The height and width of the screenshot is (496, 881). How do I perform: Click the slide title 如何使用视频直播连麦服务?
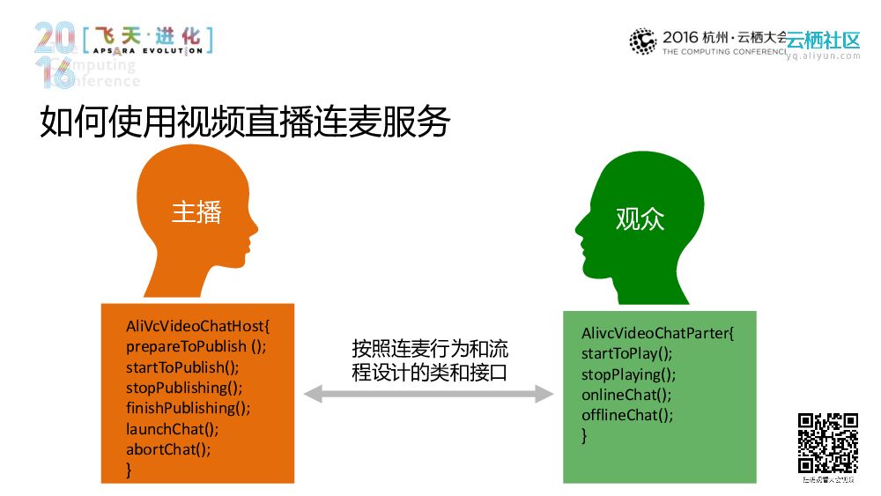pos(245,123)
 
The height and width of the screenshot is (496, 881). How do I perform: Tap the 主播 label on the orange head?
pos(196,212)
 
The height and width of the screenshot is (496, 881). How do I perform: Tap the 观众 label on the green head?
pos(640,218)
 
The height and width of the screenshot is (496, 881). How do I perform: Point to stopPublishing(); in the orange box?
pos(184,388)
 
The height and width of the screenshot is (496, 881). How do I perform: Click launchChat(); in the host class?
pos(172,429)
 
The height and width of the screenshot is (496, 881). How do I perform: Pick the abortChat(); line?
pos(168,449)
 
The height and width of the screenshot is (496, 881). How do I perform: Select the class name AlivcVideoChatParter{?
pos(657,334)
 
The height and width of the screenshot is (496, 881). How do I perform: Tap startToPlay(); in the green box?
pos(626,354)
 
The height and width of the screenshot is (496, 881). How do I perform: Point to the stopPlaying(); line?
pos(628,374)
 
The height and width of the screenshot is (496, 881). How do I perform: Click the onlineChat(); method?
pos(626,395)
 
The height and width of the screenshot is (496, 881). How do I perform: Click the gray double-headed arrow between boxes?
pos(429,394)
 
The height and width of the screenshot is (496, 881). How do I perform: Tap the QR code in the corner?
pos(828,443)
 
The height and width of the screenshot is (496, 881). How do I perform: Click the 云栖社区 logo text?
pos(823,41)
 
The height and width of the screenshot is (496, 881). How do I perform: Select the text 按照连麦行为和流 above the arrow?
pos(430,349)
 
